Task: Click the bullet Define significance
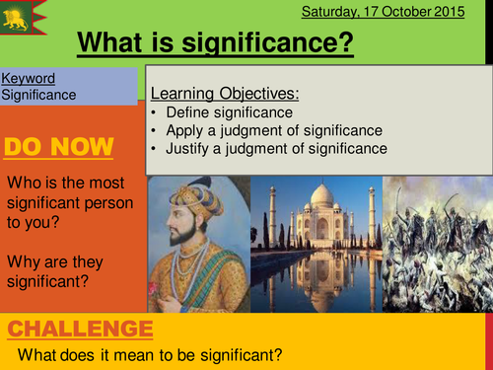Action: pos(223,113)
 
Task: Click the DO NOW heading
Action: pos(59,148)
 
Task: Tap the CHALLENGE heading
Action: pos(80,329)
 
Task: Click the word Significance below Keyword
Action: pos(37,95)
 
